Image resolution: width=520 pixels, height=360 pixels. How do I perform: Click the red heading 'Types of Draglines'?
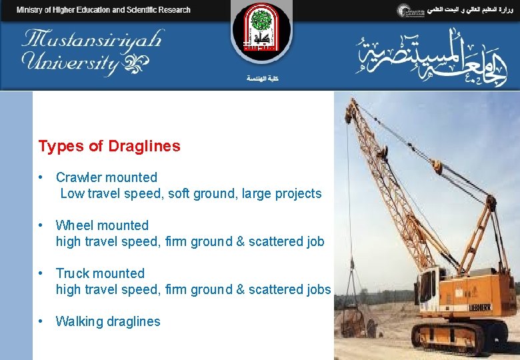pos(109,146)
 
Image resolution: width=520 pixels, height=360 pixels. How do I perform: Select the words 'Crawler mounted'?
pos(107,177)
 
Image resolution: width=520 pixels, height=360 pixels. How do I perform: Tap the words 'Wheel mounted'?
pos(102,225)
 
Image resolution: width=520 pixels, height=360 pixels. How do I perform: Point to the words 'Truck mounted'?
pos(100,273)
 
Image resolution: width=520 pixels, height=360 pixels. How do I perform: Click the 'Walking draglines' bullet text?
pos(108,321)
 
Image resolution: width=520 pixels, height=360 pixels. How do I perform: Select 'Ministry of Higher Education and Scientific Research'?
pos(103,10)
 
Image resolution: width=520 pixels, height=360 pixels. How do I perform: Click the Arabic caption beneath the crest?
pos(262,79)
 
